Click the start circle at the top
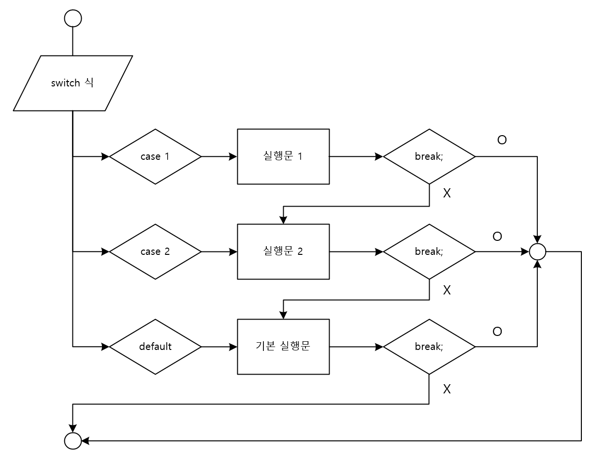click(73, 18)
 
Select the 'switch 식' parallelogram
click(73, 83)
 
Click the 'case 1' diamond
click(155, 156)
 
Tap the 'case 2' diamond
click(155, 251)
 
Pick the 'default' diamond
click(155, 347)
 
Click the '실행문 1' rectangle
click(283, 156)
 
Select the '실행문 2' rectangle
click(283, 251)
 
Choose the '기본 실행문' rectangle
click(283, 347)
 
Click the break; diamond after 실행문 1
click(429, 156)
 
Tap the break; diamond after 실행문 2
click(429, 251)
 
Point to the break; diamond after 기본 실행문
click(429, 347)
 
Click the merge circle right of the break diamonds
click(537, 251)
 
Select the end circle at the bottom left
click(73, 441)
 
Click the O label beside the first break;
click(502, 140)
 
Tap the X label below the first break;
click(447, 194)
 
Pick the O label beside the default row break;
click(497, 332)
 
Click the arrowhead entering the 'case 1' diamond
click(105, 156)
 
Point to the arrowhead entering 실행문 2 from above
click(284, 220)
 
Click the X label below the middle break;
click(447, 290)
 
